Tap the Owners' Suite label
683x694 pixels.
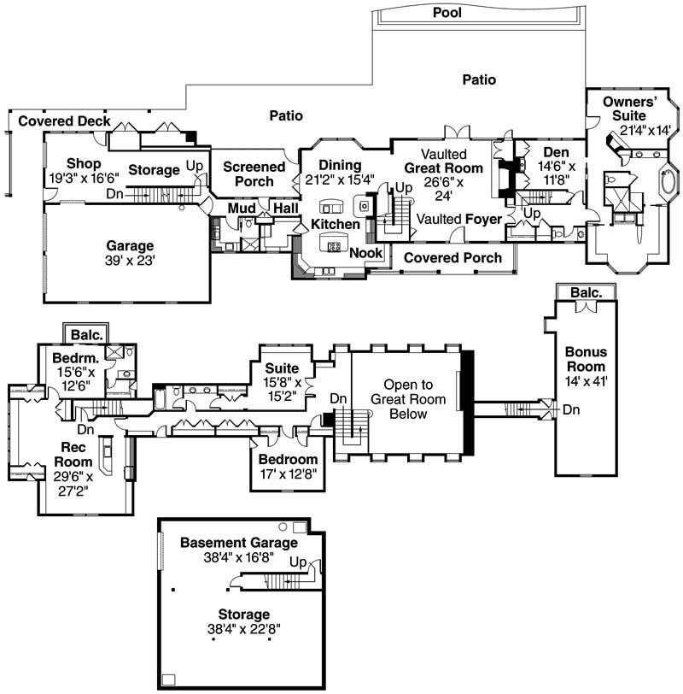tap(628, 109)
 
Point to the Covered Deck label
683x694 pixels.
tap(64, 121)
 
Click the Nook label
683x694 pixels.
tap(365, 253)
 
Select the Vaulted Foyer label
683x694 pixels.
tap(458, 219)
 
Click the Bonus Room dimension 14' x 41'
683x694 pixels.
tap(585, 380)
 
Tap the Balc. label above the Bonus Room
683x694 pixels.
tap(585, 293)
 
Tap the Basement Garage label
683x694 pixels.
tap(239, 543)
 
